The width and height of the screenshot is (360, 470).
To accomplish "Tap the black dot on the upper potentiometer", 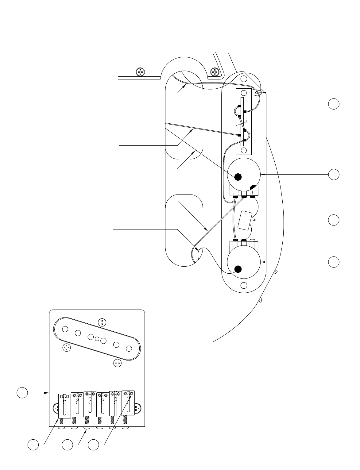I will coord(238,177).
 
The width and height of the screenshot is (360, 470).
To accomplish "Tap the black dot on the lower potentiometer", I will coord(238,269).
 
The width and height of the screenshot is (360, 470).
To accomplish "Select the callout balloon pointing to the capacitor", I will coord(334,220).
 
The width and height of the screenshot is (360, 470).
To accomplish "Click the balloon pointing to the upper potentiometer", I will coord(334,174).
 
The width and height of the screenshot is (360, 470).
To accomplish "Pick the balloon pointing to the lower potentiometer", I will coord(334,262).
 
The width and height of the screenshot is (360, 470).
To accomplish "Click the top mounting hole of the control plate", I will coord(244,79).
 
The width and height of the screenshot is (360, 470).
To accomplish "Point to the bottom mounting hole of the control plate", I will coord(244,285).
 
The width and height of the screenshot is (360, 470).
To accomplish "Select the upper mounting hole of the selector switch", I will coord(244,93).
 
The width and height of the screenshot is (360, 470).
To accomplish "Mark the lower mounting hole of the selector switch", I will coord(244,150).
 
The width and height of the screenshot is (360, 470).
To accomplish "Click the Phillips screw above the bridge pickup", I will coord(102,322).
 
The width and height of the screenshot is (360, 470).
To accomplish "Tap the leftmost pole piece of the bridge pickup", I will coord(65,329).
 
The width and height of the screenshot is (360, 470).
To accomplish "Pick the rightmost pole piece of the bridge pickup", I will coord(129,348).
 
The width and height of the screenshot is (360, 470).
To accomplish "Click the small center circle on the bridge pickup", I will coord(97,339).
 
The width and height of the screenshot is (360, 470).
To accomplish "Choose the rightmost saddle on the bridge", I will coord(128,403).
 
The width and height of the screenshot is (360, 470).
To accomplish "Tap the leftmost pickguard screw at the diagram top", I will coord(140,72).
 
